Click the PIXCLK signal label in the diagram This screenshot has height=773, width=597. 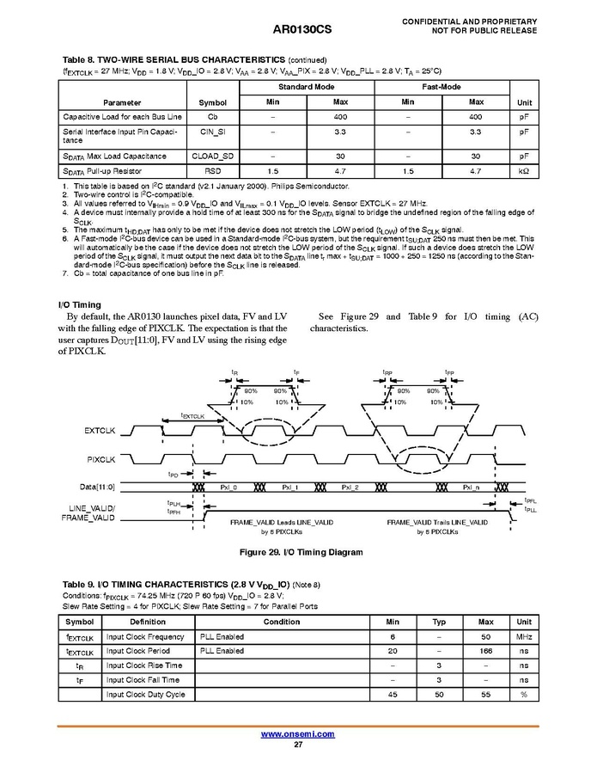101,459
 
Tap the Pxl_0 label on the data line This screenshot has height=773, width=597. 228,488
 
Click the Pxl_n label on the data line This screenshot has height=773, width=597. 472,488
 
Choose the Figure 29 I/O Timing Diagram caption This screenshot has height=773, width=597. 297,552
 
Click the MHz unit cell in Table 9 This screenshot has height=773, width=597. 523,637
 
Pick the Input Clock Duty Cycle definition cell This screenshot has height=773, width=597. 145,694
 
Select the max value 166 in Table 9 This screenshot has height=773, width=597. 485,651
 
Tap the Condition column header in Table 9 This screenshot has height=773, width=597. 282,622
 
